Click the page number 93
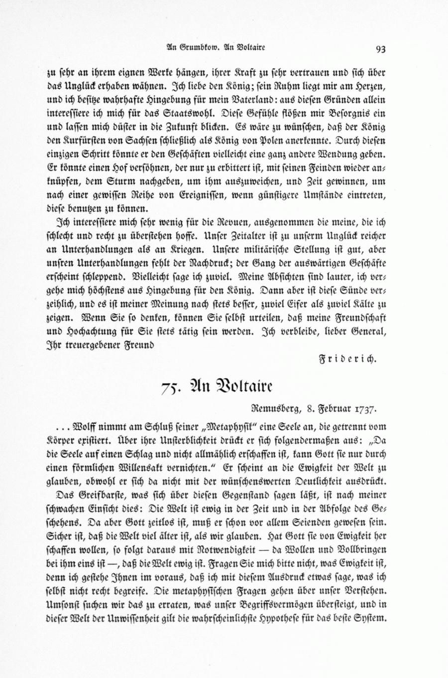coord(381,48)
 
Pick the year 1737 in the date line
coord(366,409)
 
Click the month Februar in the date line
coord(334,409)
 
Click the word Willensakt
coord(141,468)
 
